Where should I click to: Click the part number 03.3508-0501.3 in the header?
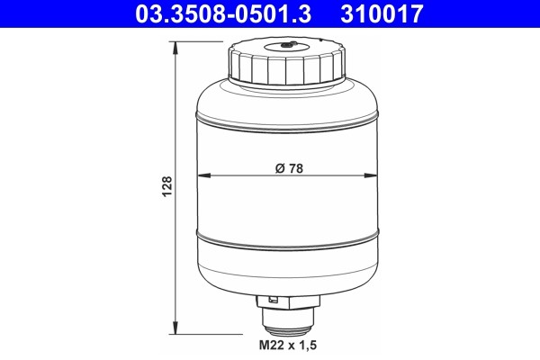(223, 13)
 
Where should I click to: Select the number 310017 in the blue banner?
(382, 13)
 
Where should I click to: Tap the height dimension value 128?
(166, 186)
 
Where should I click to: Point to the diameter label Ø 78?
(289, 168)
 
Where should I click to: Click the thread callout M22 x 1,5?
(288, 345)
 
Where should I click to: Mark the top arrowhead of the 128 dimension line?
(175, 48)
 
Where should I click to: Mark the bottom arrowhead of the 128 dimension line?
(175, 328)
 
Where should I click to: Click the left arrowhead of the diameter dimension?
(203, 175)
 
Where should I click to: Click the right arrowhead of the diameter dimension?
(371, 175)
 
